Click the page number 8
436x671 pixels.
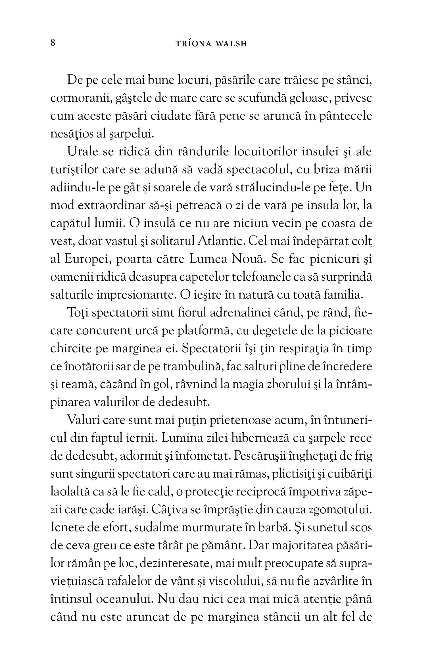[53, 43]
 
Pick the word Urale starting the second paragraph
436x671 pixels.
[82, 152]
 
